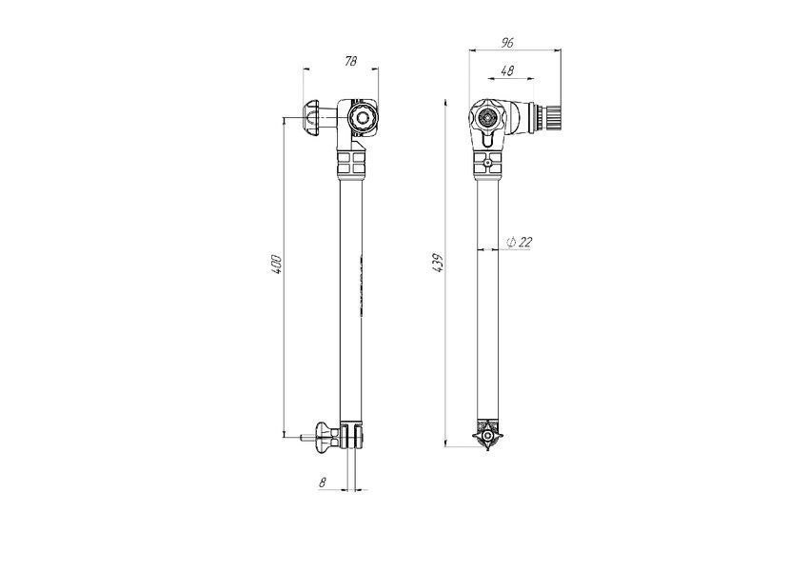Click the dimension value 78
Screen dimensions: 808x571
click(x=350, y=61)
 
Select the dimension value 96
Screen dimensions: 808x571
click(x=507, y=43)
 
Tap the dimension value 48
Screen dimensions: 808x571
click(x=507, y=70)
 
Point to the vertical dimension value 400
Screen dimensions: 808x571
click(x=277, y=264)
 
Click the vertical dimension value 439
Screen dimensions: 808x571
click(x=438, y=263)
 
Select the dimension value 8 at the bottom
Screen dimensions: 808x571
click(x=323, y=482)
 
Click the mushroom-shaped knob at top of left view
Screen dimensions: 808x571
click(x=312, y=119)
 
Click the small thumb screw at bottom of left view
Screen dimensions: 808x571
click(x=325, y=436)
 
